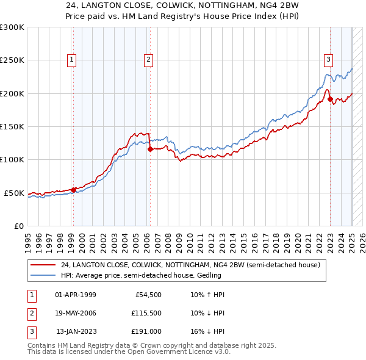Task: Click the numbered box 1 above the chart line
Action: [72, 60]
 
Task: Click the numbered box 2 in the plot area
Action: [148, 60]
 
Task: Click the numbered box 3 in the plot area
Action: [328, 60]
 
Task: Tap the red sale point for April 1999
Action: [73, 190]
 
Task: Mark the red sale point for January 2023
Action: [330, 99]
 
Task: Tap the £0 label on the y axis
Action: [18, 226]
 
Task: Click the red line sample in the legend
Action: [43, 265]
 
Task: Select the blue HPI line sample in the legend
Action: [43, 275]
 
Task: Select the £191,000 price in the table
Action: [146, 331]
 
